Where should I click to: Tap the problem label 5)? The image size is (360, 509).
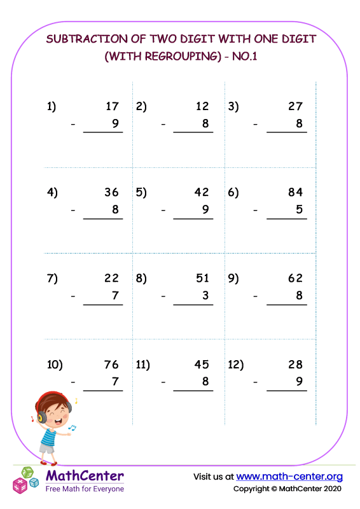(x=141, y=193)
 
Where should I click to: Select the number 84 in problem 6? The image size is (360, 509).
(x=295, y=193)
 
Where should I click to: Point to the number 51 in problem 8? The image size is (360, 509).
(x=202, y=278)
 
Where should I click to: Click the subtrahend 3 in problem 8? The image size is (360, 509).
(x=205, y=295)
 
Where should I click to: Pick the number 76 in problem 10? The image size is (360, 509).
(x=111, y=365)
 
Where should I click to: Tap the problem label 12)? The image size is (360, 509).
(x=235, y=365)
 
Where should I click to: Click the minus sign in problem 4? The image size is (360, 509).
(x=74, y=210)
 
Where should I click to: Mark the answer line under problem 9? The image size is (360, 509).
(x=286, y=305)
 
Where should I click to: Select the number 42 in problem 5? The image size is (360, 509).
(x=202, y=193)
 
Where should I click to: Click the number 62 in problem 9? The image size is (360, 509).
(x=295, y=278)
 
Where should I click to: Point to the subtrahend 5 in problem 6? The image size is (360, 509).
(x=299, y=209)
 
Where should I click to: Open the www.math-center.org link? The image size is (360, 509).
(x=289, y=476)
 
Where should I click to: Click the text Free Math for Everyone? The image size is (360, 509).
(x=85, y=489)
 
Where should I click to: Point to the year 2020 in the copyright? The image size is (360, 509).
(x=330, y=489)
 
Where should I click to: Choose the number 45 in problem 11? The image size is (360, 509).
(x=202, y=365)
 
